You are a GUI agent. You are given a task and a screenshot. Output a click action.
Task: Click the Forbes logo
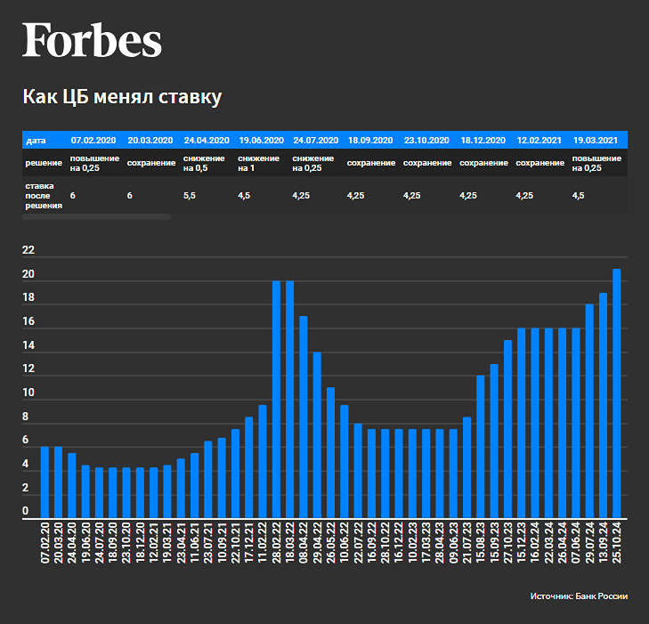(x=92, y=41)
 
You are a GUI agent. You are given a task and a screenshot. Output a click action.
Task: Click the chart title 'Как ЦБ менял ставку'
(x=121, y=97)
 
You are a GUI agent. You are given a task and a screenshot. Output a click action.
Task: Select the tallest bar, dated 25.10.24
(x=616, y=393)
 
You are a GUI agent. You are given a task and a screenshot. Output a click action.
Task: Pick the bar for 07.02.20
(x=45, y=482)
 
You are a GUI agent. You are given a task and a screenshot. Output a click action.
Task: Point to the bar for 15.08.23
(x=481, y=446)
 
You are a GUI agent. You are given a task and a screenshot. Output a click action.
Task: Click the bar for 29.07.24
(x=589, y=410)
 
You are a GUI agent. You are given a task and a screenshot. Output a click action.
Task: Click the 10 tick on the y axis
(x=28, y=393)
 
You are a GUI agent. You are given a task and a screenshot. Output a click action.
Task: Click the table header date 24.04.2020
(x=207, y=141)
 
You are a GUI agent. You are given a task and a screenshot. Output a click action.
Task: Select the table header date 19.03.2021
(x=596, y=141)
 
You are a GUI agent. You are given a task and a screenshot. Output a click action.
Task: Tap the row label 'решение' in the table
(x=44, y=163)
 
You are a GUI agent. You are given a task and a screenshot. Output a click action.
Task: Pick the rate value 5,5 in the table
(x=190, y=195)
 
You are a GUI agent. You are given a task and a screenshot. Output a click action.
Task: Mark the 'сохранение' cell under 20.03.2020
(x=151, y=163)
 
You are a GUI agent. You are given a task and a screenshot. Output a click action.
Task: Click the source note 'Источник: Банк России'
(x=579, y=596)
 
